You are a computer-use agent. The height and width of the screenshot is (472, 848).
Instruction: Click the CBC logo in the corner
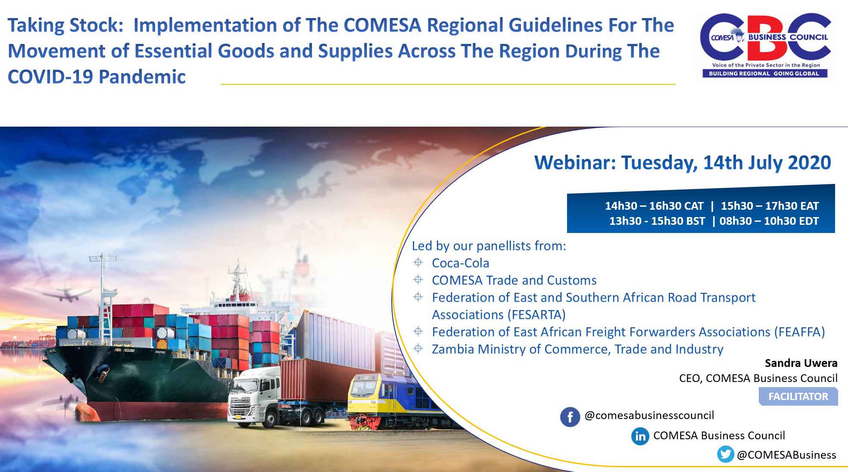tap(765, 46)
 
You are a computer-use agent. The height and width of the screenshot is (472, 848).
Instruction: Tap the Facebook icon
tap(570, 417)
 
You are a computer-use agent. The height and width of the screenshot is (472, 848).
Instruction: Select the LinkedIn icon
tap(640, 436)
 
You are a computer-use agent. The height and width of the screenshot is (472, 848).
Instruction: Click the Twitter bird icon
tap(726, 454)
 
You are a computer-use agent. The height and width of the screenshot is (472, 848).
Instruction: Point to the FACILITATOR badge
tap(798, 397)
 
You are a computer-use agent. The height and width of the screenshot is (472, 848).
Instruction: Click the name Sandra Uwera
tap(801, 363)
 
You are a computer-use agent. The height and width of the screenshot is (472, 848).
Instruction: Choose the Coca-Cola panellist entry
tap(461, 263)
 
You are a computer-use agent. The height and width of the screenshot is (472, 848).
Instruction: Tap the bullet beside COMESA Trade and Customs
tap(418, 279)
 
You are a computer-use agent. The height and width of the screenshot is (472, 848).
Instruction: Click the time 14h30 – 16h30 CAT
tap(654, 206)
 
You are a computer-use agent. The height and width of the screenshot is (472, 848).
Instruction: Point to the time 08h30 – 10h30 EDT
tap(769, 221)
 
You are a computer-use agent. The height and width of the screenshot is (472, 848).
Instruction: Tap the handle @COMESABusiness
tap(786, 455)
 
